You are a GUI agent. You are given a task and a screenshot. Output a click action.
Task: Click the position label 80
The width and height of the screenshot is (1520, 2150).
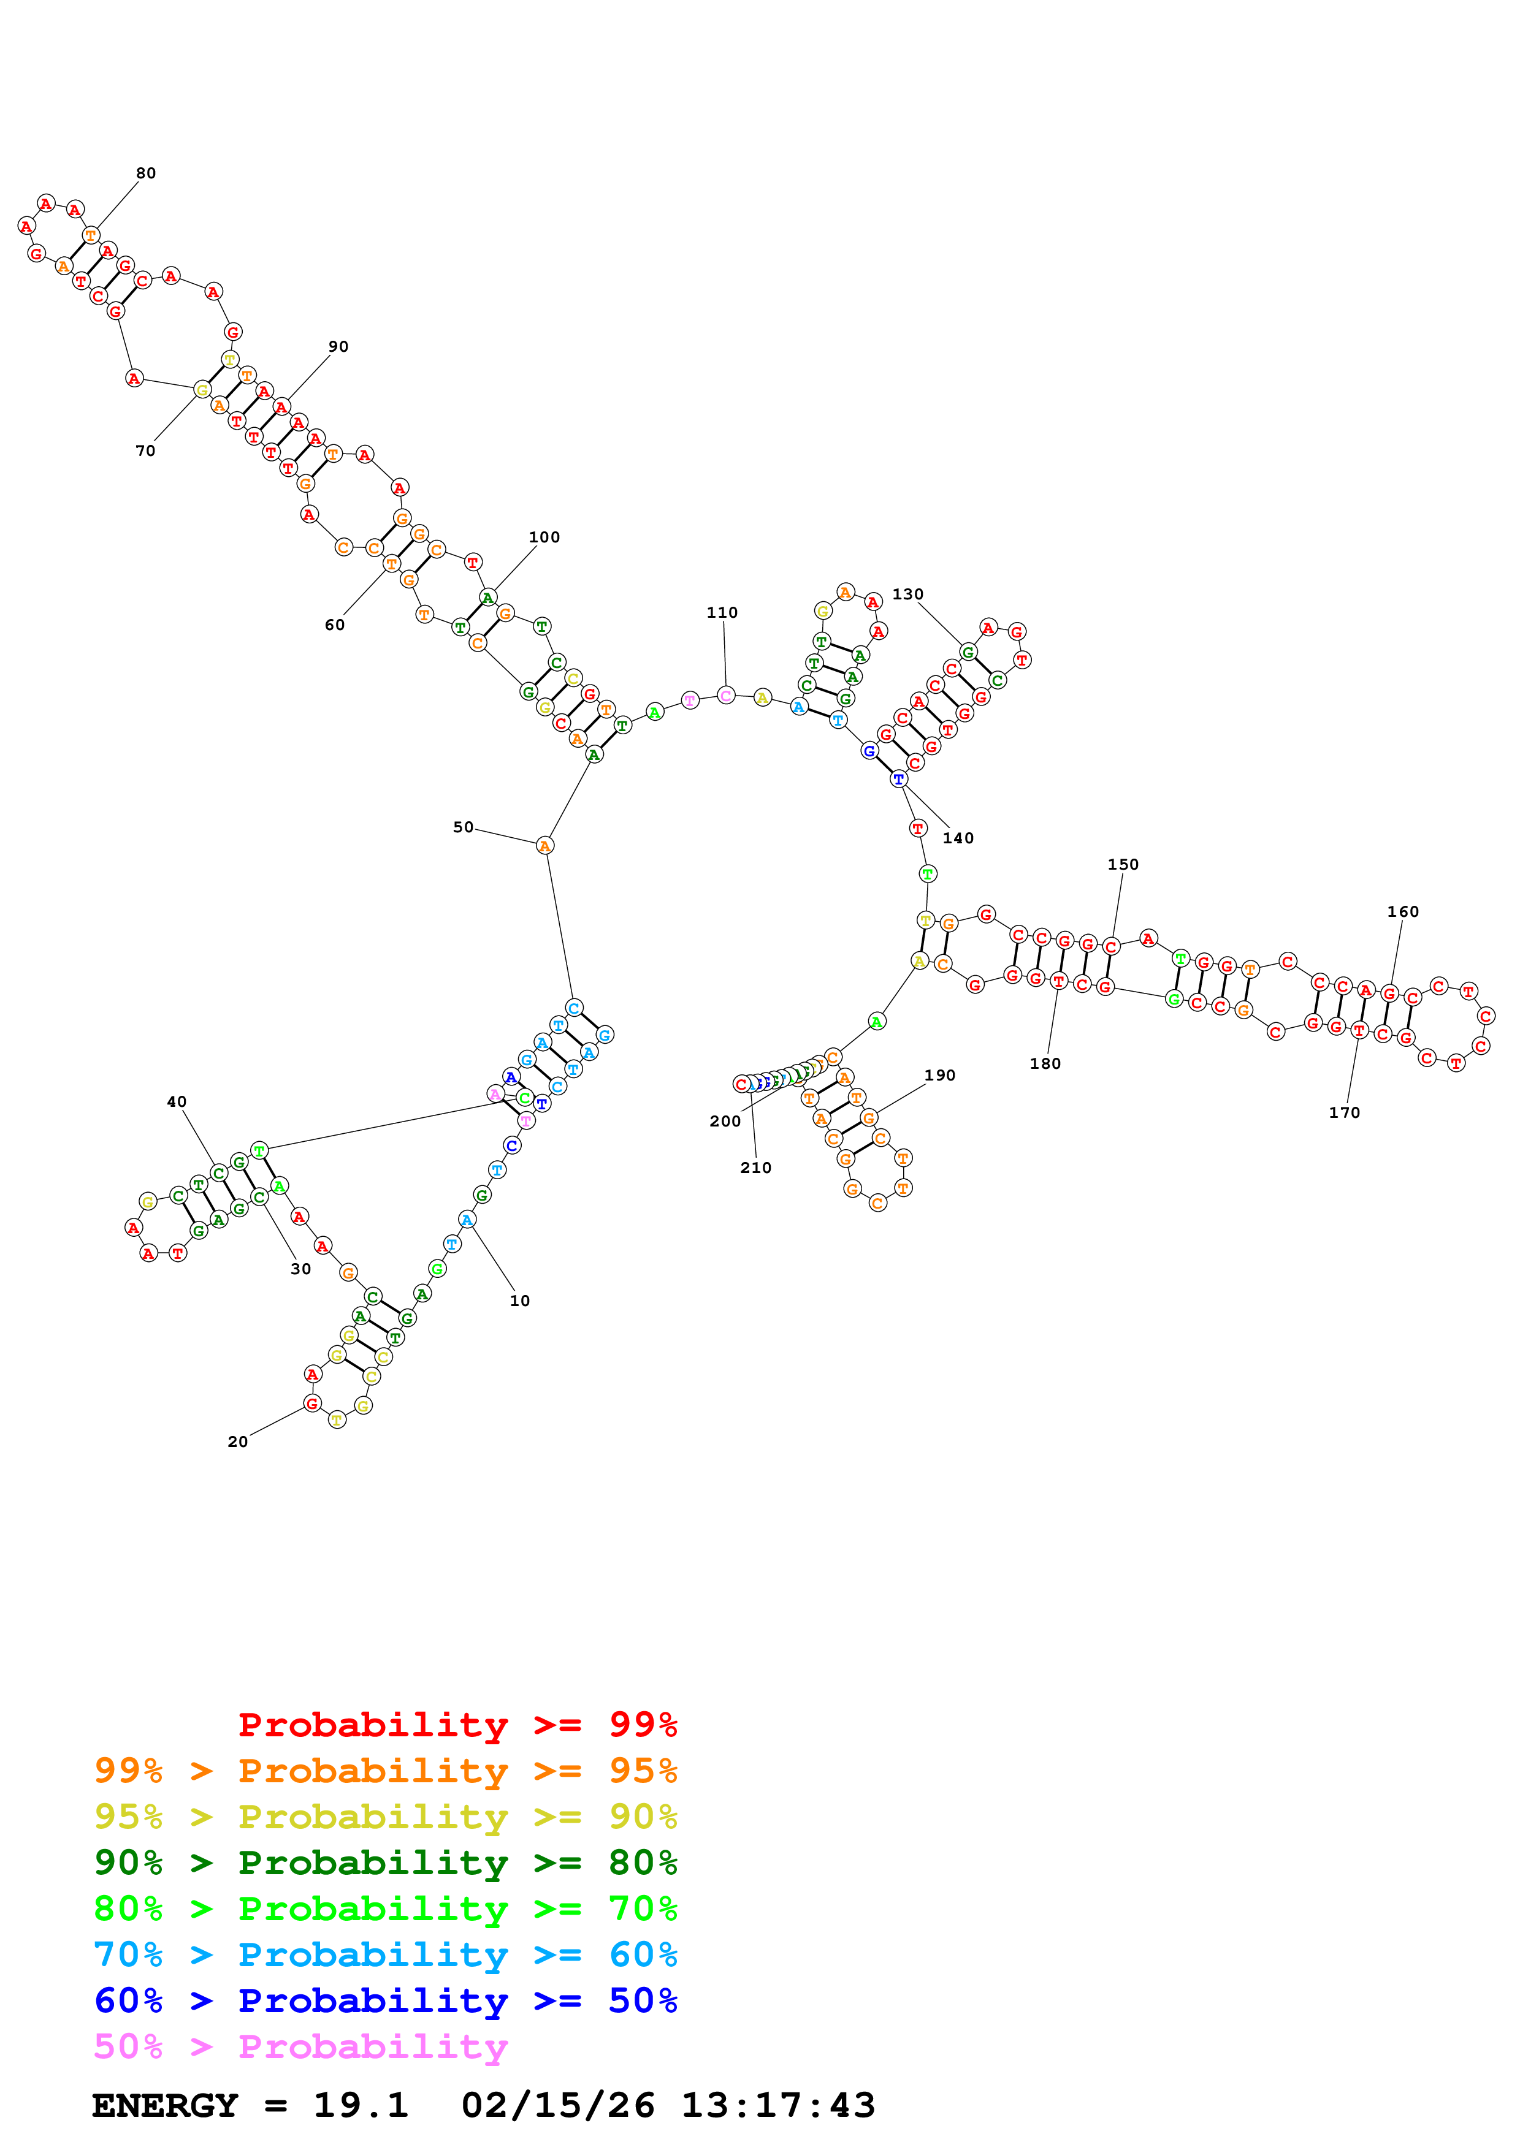click(146, 173)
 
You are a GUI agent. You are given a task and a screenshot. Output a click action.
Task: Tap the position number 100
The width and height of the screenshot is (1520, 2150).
click(544, 537)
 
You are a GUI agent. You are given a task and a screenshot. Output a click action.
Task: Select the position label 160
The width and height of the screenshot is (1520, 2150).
click(1402, 912)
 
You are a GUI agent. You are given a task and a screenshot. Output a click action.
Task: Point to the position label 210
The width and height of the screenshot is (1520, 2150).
click(756, 1168)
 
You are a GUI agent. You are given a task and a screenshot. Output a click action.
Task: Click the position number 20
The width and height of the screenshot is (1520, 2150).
click(238, 1442)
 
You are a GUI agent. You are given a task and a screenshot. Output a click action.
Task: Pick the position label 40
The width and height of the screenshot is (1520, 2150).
click(177, 1102)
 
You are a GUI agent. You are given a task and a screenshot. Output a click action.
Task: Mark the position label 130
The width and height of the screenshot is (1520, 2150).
click(907, 594)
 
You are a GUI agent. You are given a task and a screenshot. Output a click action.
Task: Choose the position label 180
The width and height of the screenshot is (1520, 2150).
click(1045, 1064)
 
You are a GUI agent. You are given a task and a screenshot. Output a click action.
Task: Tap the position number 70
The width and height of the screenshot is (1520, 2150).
click(145, 451)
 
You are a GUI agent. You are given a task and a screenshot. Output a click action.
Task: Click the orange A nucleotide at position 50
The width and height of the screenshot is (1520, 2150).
click(545, 846)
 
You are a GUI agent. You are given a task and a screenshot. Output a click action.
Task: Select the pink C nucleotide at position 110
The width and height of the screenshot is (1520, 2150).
click(726, 695)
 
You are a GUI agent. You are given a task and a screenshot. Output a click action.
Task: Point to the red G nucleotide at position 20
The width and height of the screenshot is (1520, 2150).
click(313, 1404)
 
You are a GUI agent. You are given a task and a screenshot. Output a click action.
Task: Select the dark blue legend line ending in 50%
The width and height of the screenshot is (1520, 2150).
click(386, 2000)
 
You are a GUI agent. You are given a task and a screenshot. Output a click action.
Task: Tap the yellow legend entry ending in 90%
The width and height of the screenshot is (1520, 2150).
click(386, 1817)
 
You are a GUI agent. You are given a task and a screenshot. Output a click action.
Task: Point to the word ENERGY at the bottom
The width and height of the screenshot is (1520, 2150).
click(165, 2105)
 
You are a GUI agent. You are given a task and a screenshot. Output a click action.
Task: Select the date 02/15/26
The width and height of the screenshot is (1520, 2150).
click(557, 2105)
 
